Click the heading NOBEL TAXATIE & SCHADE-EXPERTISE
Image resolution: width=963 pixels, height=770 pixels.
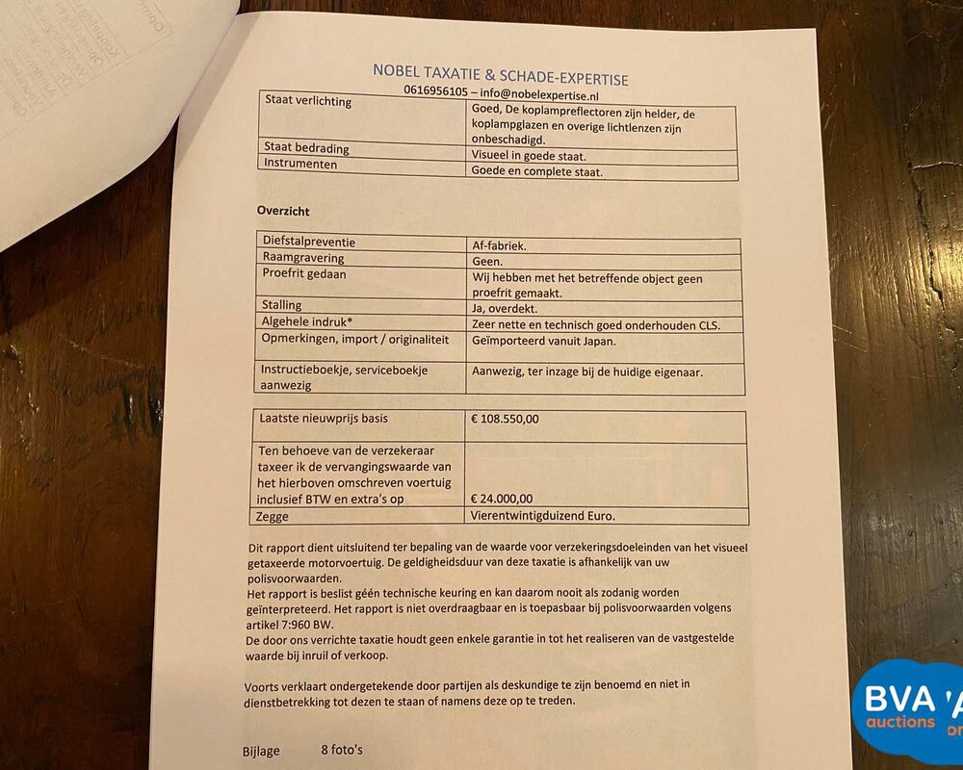tap(500, 74)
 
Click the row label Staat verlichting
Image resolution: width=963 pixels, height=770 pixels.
tap(306, 102)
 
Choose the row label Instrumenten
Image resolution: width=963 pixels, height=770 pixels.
tap(299, 165)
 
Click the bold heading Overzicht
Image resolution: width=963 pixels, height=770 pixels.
tap(283, 211)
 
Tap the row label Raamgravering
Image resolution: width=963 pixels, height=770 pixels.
tap(302, 259)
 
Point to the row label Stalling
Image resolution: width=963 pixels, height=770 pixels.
tap(281, 306)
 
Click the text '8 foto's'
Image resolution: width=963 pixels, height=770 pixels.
tap(343, 750)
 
